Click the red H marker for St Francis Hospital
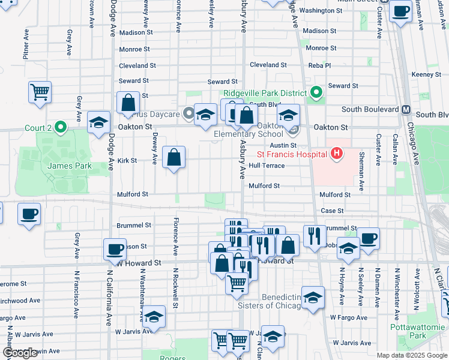(336, 154)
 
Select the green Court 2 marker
(59, 127)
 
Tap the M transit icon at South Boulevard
(406, 110)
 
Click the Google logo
(20, 353)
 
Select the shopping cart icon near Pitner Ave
(40, 92)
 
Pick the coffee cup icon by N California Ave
(114, 248)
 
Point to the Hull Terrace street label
(267, 166)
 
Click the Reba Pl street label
(319, 65)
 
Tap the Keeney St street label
(427, 74)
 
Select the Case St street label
(332, 211)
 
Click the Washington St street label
(321, 11)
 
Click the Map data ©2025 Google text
(411, 355)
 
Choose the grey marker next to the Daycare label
(188, 113)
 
